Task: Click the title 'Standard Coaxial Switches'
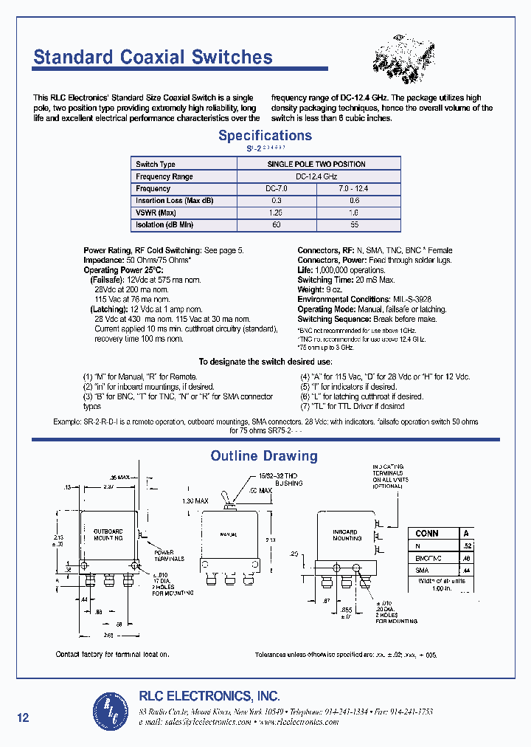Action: pos(153,58)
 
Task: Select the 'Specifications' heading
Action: pos(265,136)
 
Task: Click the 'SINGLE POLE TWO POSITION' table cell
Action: pos(316,164)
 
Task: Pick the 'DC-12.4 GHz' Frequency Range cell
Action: pos(316,176)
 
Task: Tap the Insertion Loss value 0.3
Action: pos(277,201)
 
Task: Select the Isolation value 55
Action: pos(355,224)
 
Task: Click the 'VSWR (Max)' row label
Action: pos(156,213)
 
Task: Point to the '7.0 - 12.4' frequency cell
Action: pos(355,189)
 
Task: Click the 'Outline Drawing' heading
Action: pos(264,456)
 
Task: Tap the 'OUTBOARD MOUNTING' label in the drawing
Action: pos(108,534)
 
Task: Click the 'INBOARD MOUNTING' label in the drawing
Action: pos(346,535)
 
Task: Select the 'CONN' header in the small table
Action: pos(427,533)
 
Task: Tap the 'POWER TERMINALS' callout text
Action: pos(164,555)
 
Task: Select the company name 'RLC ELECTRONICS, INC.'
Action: pos(209,696)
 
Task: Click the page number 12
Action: pos(23,717)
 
